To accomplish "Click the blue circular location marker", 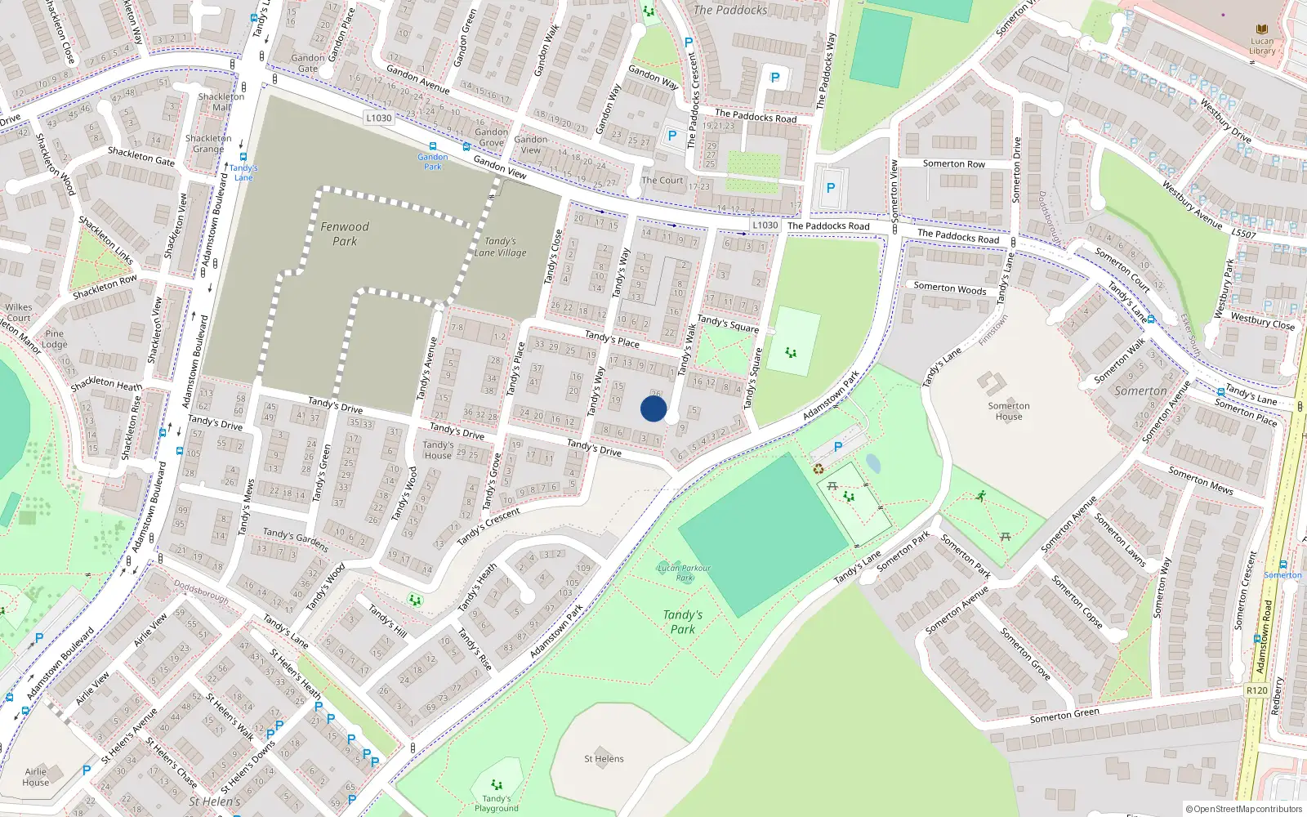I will click(653, 408).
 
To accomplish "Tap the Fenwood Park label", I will click(345, 234).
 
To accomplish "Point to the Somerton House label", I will click(1009, 411).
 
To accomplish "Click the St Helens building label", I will click(604, 759).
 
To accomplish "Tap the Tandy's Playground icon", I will click(497, 785).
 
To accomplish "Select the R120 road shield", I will click(1256, 690).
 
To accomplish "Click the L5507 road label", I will click(1244, 234).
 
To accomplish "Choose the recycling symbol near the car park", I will click(819, 469).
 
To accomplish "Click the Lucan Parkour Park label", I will click(685, 573).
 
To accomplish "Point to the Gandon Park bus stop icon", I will click(433, 146).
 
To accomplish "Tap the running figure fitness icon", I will click(980, 496).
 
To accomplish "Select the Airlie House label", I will click(36, 777).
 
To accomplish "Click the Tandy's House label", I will click(438, 450).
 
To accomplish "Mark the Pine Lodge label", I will click(55, 339).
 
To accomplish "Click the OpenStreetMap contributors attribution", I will click(1243, 810).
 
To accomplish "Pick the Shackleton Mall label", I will click(221, 102).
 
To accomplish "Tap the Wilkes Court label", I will click(18, 313).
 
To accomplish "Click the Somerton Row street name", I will click(954, 164).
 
